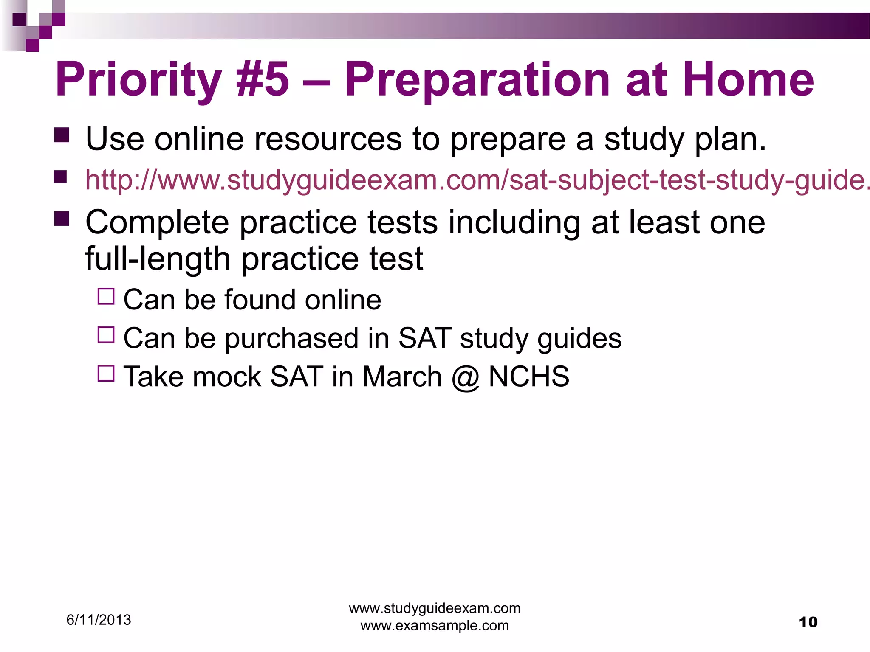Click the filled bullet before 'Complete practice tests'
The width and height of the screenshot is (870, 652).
[x=62, y=219]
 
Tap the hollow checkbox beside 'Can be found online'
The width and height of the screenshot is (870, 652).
[x=106, y=296]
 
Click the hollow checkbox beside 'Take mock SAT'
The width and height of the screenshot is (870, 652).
[x=106, y=373]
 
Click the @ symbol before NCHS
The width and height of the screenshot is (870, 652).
[x=465, y=377]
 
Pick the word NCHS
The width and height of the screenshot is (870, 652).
[x=529, y=377]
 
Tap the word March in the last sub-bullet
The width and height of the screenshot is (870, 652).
[x=402, y=377]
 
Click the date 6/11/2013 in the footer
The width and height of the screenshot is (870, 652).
[x=99, y=620]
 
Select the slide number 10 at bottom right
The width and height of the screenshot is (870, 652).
[x=808, y=622]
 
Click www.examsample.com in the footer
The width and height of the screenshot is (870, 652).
[x=435, y=626]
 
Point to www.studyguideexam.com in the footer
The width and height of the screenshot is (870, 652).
[x=435, y=608]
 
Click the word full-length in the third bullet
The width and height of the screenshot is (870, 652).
[x=158, y=259]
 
